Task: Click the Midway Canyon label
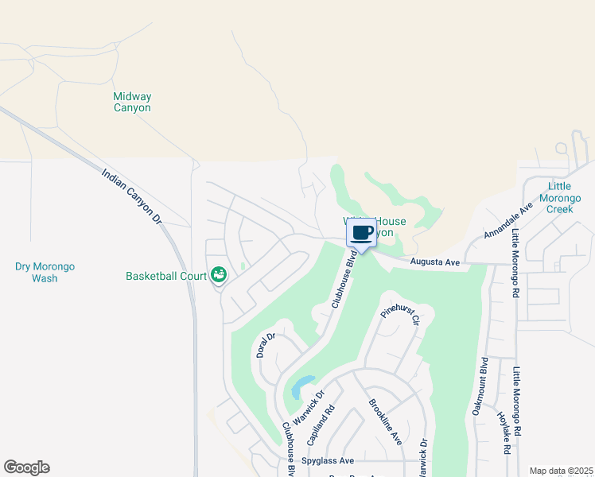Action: [x=131, y=102]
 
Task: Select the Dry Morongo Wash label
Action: [x=45, y=273]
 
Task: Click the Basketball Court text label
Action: [x=166, y=277]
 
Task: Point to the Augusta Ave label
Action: [x=435, y=262]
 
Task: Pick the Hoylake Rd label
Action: [x=503, y=432]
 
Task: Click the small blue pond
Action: [x=297, y=390]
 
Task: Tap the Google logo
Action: [x=26, y=467]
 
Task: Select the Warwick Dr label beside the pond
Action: [x=310, y=406]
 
